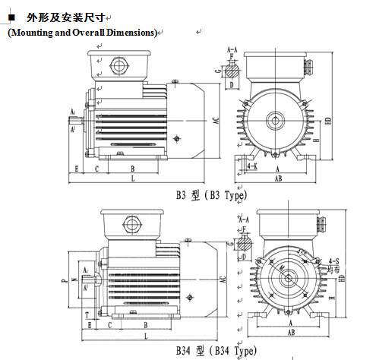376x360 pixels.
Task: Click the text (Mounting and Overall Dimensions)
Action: click(82, 33)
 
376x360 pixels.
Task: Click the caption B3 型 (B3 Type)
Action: click(211, 194)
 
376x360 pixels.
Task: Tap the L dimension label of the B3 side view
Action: click(133, 178)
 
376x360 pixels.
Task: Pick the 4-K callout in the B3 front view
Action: click(252, 165)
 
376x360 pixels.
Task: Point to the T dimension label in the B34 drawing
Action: click(87, 313)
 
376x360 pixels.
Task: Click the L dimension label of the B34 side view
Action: click(145, 335)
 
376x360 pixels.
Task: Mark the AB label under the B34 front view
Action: click(290, 332)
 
